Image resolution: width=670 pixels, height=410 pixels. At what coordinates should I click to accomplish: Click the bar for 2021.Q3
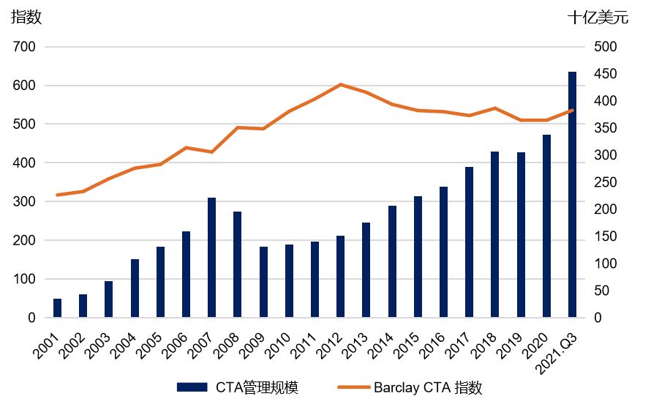[572, 195]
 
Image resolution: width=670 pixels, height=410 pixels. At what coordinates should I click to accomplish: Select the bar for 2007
[211, 258]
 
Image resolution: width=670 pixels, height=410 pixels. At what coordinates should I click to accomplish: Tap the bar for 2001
[57, 308]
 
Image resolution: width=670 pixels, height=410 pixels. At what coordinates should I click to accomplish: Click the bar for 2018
[494, 234]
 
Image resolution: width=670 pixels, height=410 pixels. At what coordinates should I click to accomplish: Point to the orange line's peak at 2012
[340, 84]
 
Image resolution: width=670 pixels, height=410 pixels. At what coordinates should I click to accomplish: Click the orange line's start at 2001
[57, 195]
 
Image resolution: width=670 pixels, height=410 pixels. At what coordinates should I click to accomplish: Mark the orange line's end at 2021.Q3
[572, 111]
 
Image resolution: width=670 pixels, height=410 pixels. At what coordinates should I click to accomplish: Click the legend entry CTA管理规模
[237, 387]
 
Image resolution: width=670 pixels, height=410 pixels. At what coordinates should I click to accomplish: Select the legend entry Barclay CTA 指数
[410, 387]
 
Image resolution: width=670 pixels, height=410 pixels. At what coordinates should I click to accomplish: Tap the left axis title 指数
[26, 18]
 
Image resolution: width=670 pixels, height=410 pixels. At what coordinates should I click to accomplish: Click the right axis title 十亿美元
[598, 18]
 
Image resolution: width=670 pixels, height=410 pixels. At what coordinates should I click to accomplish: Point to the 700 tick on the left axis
[24, 47]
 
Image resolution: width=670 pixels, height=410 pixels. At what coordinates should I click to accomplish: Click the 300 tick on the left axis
[24, 201]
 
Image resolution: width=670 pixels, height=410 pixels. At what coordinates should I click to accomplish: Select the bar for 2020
[546, 226]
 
